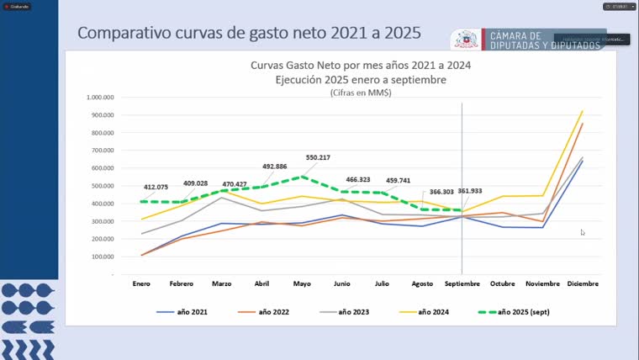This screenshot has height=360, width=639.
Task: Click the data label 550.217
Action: (317, 157)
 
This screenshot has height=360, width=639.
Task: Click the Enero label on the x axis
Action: (141, 283)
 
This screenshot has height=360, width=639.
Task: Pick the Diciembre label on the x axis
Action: (582, 283)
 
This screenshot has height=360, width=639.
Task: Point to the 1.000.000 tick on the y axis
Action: (99, 97)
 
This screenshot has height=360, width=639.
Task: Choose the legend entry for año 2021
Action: (182, 311)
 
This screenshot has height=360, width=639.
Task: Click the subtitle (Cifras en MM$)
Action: (360, 93)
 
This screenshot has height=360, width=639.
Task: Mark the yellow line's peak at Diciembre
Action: (582, 111)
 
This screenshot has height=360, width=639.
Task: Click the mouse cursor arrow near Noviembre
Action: (583, 232)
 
